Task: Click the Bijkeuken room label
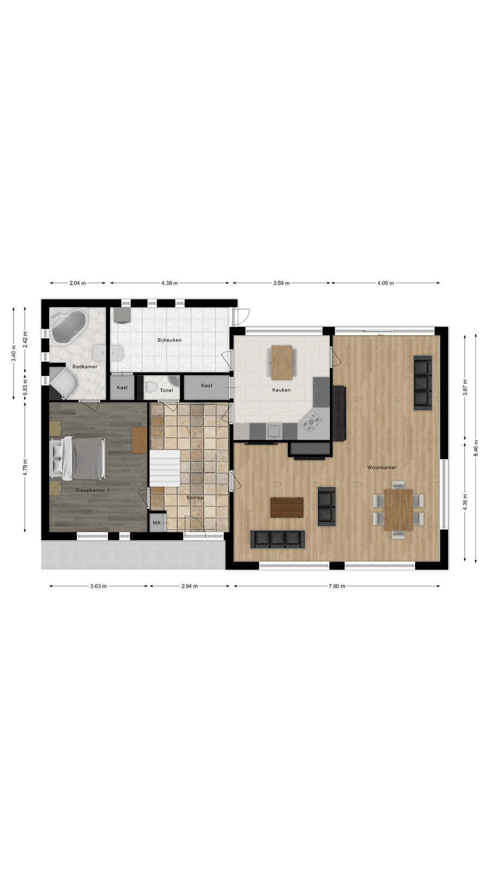click(x=169, y=340)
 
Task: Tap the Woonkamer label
click(x=382, y=468)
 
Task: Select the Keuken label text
click(x=281, y=390)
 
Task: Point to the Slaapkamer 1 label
click(x=92, y=490)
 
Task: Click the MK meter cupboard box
click(x=157, y=522)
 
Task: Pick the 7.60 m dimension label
click(x=337, y=586)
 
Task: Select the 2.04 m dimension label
click(x=78, y=283)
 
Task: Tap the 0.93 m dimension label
click(x=25, y=387)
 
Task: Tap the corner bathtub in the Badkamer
click(x=69, y=326)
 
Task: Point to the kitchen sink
click(x=274, y=431)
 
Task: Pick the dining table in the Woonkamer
click(x=399, y=509)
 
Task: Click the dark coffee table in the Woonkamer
click(x=287, y=507)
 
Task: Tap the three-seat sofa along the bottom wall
click(x=278, y=540)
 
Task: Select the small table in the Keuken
click(x=282, y=362)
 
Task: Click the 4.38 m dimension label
click(x=170, y=283)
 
